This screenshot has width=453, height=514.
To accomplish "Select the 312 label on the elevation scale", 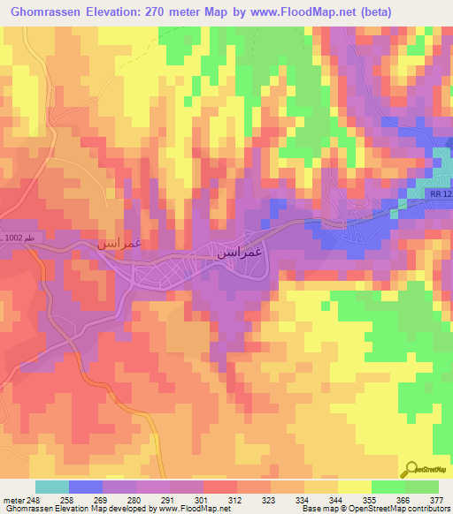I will pos(234,499).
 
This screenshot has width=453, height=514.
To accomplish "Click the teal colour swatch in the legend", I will pos(52,487).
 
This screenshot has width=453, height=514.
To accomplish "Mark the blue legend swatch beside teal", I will pos(86,487).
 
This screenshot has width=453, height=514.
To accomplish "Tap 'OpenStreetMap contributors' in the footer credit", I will pos(403,509).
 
